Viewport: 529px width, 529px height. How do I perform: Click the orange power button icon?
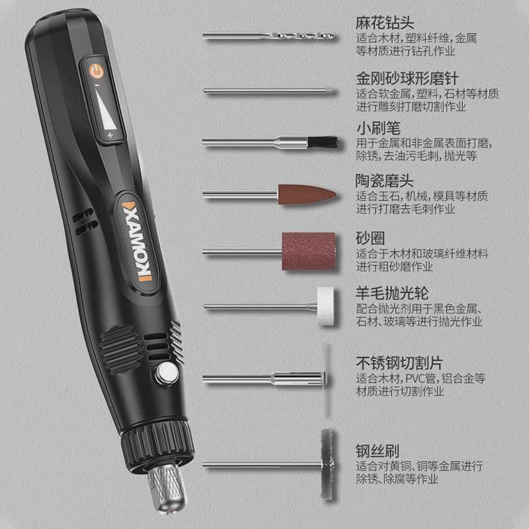click(x=98, y=69)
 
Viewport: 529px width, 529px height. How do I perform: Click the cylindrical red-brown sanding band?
click(x=309, y=251)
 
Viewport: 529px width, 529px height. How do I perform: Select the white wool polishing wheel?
click(x=325, y=306)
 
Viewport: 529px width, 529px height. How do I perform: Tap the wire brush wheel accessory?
click(x=325, y=463)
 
